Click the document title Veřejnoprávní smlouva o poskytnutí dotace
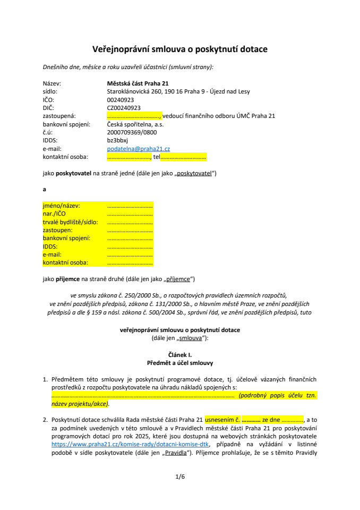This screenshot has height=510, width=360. pos(180,49)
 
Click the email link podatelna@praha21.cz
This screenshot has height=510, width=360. pos(138,149)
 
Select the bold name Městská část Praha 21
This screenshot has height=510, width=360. pos(138,83)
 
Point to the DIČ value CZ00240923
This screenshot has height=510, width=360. pos(124,108)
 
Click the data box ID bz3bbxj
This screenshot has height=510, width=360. pos(117,140)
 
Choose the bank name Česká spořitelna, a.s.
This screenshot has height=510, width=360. pos(133,124)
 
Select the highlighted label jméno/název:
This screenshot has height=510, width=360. pos(61,205)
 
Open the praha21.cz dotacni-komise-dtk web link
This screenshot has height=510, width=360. pos(131,444)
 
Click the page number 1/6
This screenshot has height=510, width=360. pos(180,477)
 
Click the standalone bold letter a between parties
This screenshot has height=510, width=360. pos(45,189)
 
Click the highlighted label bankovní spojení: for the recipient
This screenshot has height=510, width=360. pos(66,238)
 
